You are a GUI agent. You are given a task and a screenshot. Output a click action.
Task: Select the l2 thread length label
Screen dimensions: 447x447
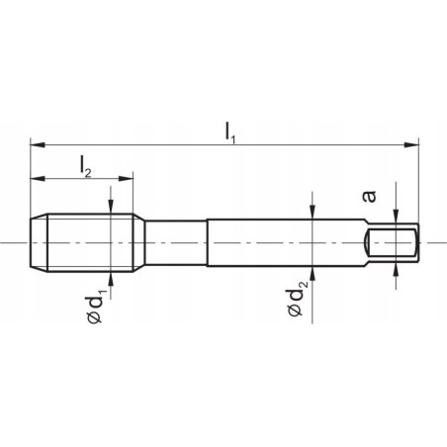click(86, 165)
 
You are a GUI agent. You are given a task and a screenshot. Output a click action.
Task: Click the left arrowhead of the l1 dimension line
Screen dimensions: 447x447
click(38, 143)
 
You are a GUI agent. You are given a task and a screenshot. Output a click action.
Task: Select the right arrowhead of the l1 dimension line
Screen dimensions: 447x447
click(410, 143)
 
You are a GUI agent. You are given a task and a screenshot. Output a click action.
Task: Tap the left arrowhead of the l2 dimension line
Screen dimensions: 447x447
click(38, 179)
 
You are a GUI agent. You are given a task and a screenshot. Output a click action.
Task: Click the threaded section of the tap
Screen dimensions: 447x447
click(84, 242)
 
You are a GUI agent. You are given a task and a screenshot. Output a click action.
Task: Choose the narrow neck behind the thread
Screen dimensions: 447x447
click(173, 242)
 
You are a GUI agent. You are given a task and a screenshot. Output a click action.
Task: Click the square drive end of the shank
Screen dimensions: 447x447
click(394, 242)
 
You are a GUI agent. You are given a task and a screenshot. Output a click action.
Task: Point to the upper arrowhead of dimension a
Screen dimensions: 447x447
click(396, 223)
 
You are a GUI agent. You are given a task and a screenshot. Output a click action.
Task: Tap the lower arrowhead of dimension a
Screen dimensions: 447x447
click(396, 266)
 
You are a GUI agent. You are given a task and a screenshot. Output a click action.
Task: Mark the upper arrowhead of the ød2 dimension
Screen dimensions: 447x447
click(313, 211)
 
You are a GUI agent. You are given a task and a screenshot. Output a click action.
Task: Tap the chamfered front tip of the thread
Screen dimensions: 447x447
click(37, 242)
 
